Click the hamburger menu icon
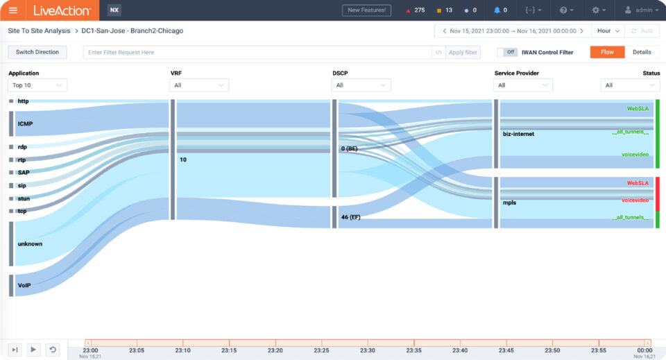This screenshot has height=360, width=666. pos(13,10)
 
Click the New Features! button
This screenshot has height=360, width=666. pos(366,10)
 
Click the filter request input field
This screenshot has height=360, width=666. pos(257,52)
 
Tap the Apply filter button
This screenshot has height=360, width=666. pos(463,52)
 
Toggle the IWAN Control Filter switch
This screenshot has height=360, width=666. pos(507,52)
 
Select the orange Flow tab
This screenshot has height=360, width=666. pos(607,52)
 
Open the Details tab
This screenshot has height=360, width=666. pos(642,52)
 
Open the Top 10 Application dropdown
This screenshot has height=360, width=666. pos(37,85)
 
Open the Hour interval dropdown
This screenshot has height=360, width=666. pos(607,31)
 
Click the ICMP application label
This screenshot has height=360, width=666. pos(26,123)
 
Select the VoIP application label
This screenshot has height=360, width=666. pos(25,284)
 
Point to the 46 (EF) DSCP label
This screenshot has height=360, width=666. pos(350,217)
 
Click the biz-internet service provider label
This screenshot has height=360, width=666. pos(519,133)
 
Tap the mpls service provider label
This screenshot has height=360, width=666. pos(511,203)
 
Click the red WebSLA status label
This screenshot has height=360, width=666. pos(637,183)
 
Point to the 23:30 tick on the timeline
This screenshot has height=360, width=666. pos(368,350)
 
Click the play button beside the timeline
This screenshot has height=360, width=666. pos(33,350)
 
